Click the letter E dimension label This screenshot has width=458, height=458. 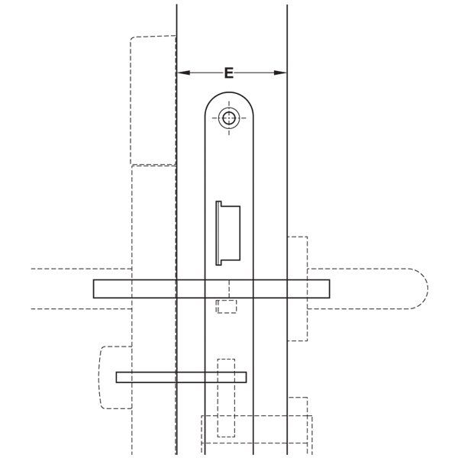tap(229, 73)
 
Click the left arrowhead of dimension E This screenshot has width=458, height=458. tap(183, 73)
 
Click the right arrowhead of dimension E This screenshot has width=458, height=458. tap(280, 73)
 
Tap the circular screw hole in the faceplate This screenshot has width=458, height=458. tap(229, 118)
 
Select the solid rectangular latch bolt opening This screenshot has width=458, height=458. tap(228, 233)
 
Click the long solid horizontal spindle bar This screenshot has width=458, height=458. tap(211, 289)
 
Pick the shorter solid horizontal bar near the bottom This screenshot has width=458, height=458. tap(181, 377)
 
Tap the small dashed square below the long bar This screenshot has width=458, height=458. tap(227, 306)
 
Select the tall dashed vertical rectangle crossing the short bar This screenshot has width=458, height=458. tap(226, 398)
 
